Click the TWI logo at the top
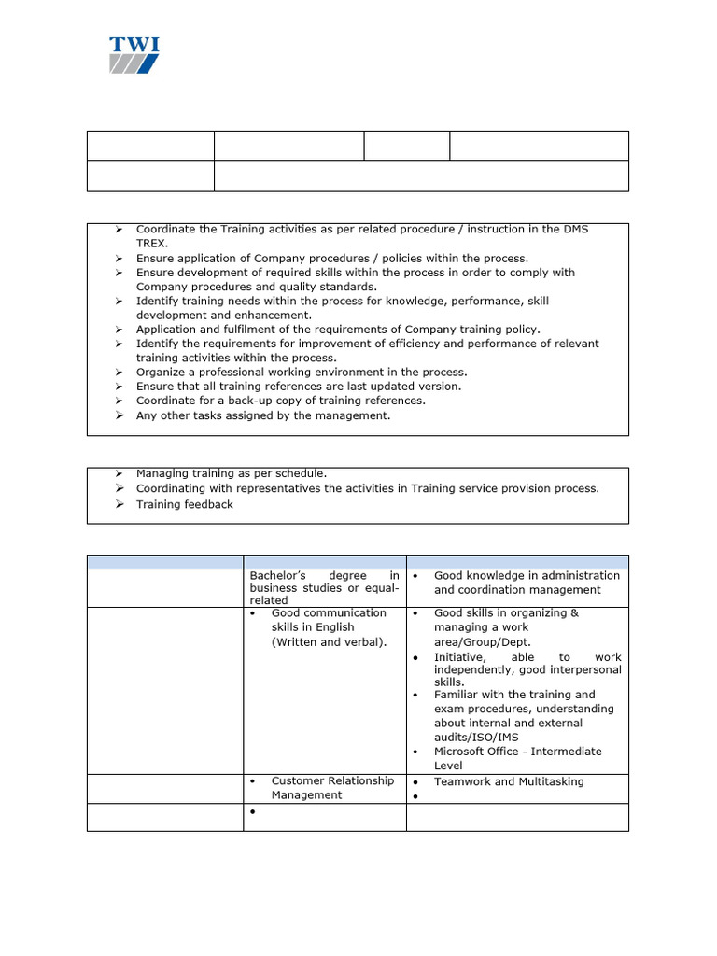tap(134, 55)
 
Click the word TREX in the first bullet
tap(152, 243)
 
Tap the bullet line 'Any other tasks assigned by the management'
tap(262, 415)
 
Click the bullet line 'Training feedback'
tap(184, 504)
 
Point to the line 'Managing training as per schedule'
tap(232, 473)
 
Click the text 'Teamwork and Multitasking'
tap(509, 781)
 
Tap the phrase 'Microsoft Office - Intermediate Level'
tap(517, 758)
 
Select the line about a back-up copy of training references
tap(280, 401)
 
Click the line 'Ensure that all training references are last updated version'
tap(299, 387)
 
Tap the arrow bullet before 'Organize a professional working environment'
tap(119, 373)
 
